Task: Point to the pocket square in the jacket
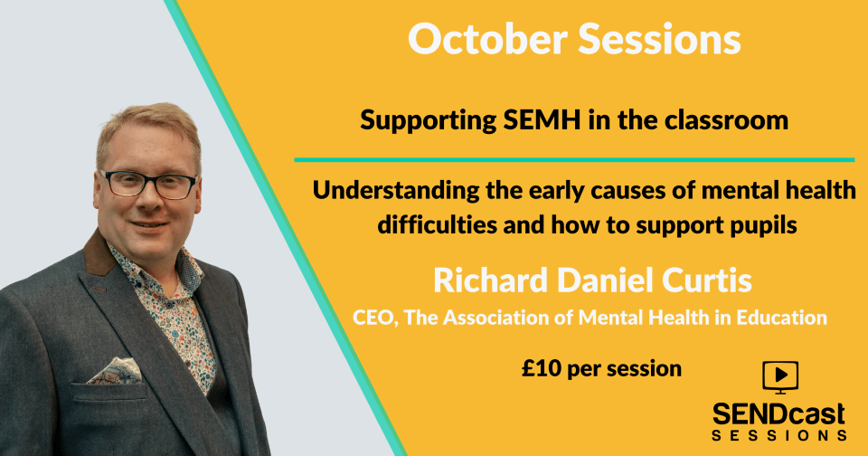[115, 370]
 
